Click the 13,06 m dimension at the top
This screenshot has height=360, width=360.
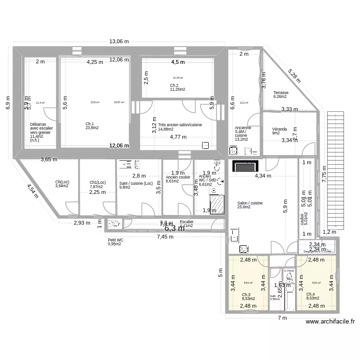point(119,42)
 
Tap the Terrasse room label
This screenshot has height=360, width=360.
point(281,93)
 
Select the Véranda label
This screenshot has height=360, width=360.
point(279,129)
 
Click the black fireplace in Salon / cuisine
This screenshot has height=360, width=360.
point(245,166)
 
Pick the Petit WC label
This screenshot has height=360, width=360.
point(116,240)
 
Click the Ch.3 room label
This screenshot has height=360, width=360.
point(246,295)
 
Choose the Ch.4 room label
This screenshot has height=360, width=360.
point(311,295)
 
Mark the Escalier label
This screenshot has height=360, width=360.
point(186,222)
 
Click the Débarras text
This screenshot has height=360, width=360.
point(37,124)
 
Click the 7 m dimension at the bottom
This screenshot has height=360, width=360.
point(281,318)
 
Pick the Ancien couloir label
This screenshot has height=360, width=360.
point(178,177)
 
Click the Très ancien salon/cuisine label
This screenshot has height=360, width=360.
point(180,125)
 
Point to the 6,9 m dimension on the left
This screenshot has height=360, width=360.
point(8,103)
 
